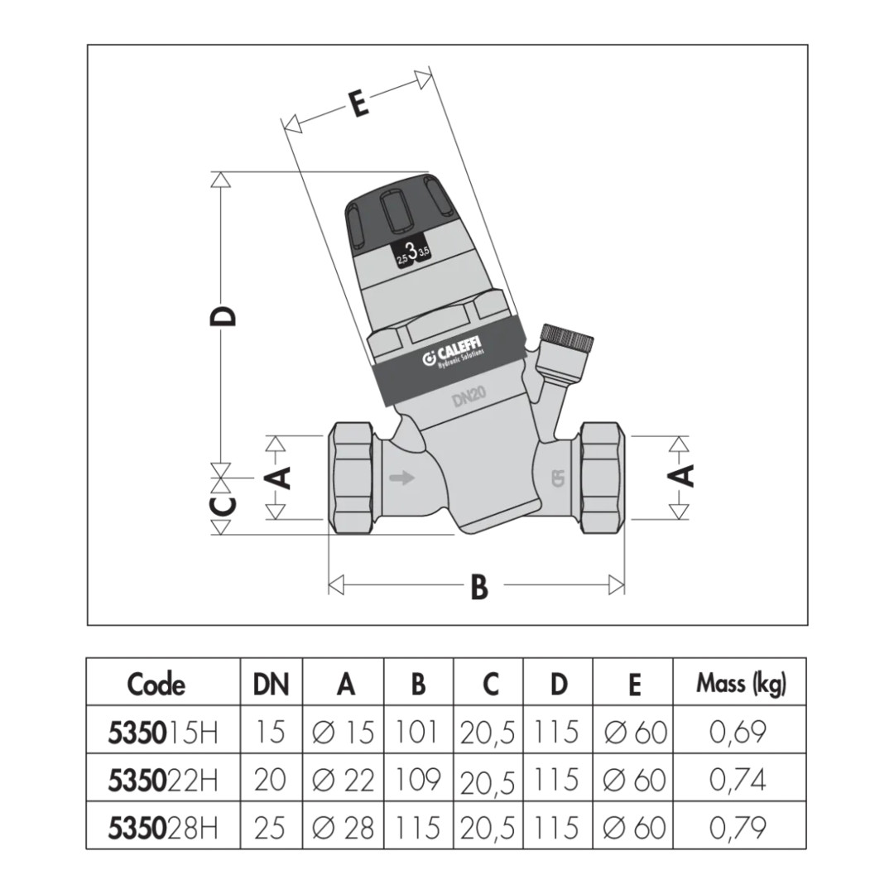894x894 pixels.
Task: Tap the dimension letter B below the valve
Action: pos(479,587)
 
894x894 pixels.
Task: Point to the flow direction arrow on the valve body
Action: pos(403,478)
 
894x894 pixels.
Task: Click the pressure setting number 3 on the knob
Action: pos(411,252)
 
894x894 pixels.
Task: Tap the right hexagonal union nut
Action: pos(602,477)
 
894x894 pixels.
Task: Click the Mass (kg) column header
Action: pos(741,684)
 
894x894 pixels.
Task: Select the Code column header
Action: pos(156,685)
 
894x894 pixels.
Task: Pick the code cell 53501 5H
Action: pos(163,733)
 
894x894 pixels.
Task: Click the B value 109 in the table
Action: pos(418,780)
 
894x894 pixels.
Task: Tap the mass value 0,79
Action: pos(738,827)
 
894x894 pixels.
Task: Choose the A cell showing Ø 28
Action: pos(344,827)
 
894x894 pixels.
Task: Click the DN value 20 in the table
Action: pos(270,780)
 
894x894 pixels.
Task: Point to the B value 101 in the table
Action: pos(418,733)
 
